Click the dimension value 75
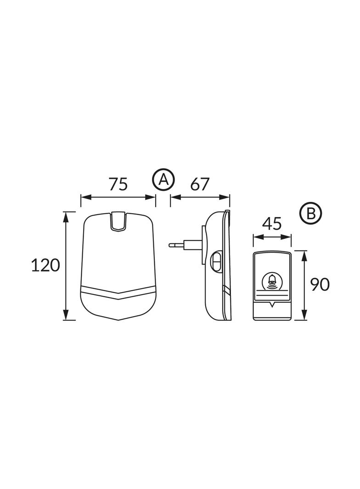(x=118, y=184)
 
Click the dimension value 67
(x=199, y=184)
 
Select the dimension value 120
(x=45, y=266)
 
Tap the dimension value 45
(x=272, y=224)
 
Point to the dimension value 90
(x=320, y=284)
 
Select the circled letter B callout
(x=310, y=214)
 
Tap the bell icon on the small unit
(x=272, y=282)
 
